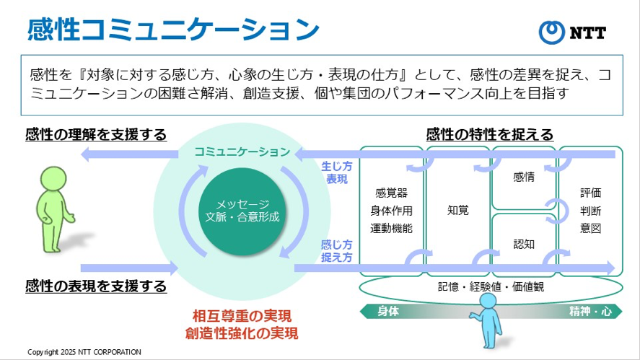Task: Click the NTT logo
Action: pos(574,32)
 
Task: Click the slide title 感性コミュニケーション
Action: pos(173,30)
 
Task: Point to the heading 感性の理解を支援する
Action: pos(96,134)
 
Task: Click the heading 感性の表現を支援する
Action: pos(96,286)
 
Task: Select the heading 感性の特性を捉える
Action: pos(490,134)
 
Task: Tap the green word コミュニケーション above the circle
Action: pos(242,152)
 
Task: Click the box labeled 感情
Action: pos(524,177)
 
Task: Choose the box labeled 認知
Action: pos(524,245)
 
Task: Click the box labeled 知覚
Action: pos(458,211)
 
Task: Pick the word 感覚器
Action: pos(391,193)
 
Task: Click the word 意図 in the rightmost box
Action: pos(590,228)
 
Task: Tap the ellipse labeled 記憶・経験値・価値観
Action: pos(491,286)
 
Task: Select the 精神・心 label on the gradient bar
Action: pos(589,311)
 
